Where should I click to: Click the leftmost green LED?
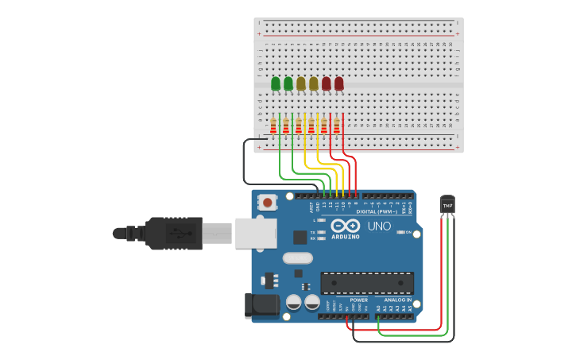tap(276, 83)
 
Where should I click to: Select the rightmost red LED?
tap(339, 83)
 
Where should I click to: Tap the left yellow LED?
tap(301, 83)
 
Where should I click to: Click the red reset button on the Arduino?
tap(268, 203)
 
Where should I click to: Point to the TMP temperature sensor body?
tap(447, 205)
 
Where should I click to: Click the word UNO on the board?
tap(379, 226)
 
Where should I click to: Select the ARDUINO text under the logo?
tap(346, 237)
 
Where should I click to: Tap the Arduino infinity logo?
tap(346, 226)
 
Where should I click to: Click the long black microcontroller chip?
tap(367, 282)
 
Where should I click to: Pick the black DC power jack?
tap(261, 305)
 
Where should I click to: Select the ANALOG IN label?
tap(398, 300)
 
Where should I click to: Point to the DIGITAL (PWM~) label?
tap(377, 211)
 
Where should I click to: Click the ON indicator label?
tap(408, 232)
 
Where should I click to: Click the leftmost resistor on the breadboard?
tap(273, 126)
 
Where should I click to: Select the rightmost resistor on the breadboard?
tap(337, 126)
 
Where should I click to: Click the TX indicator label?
tap(312, 231)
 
